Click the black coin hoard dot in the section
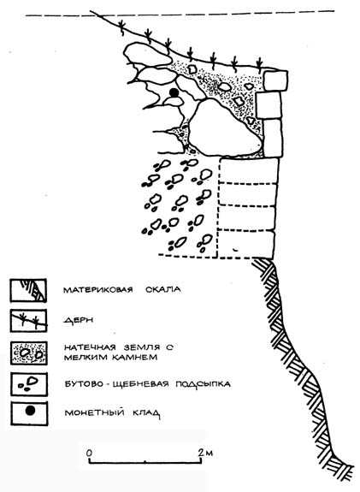click(x=174, y=92)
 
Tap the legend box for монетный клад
click(x=29, y=413)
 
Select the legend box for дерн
click(x=28, y=321)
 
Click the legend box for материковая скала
click(x=28, y=290)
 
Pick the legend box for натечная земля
click(x=29, y=353)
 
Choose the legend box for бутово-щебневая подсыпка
click(x=29, y=384)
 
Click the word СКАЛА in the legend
click(x=163, y=289)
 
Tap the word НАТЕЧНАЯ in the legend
click(x=90, y=347)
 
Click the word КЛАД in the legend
click(x=146, y=413)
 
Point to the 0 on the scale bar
click(x=90, y=453)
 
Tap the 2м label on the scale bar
click(x=205, y=453)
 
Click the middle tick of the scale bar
click(x=145, y=461)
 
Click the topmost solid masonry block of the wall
click(x=275, y=81)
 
